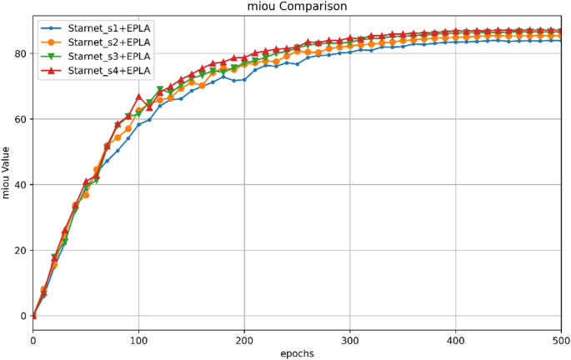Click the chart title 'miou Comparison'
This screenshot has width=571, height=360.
pyautogui.click(x=298, y=7)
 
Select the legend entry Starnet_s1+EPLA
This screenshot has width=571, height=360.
pyautogui.click(x=109, y=27)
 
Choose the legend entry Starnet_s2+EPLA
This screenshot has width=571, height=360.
pyautogui.click(x=109, y=41)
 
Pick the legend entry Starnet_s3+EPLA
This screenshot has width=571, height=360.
pyautogui.click(x=109, y=56)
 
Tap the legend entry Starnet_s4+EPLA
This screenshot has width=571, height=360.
pyautogui.click(x=109, y=71)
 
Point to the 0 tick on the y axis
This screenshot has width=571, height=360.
pyautogui.click(x=23, y=316)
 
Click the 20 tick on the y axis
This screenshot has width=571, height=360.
pyautogui.click(x=20, y=250)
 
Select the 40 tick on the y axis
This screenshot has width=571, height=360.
pyautogui.click(x=20, y=185)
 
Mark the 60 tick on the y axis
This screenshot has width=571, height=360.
pyautogui.click(x=20, y=119)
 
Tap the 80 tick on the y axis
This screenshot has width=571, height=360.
pyautogui.click(x=20, y=54)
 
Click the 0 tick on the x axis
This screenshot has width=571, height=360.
pyautogui.click(x=33, y=339)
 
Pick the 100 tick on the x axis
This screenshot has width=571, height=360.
pyautogui.click(x=138, y=339)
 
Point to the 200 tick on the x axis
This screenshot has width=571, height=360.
pyautogui.click(x=244, y=339)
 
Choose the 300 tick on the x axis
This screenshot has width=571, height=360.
pyautogui.click(x=350, y=339)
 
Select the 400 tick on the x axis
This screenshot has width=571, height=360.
pyautogui.click(x=456, y=339)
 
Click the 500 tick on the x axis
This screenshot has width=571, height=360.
pyautogui.click(x=561, y=339)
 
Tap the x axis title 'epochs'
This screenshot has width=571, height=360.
pyautogui.click(x=298, y=352)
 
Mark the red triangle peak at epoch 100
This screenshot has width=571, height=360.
pyautogui.click(x=139, y=97)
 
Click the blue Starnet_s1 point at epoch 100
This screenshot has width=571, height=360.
pyautogui.click(x=139, y=125)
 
